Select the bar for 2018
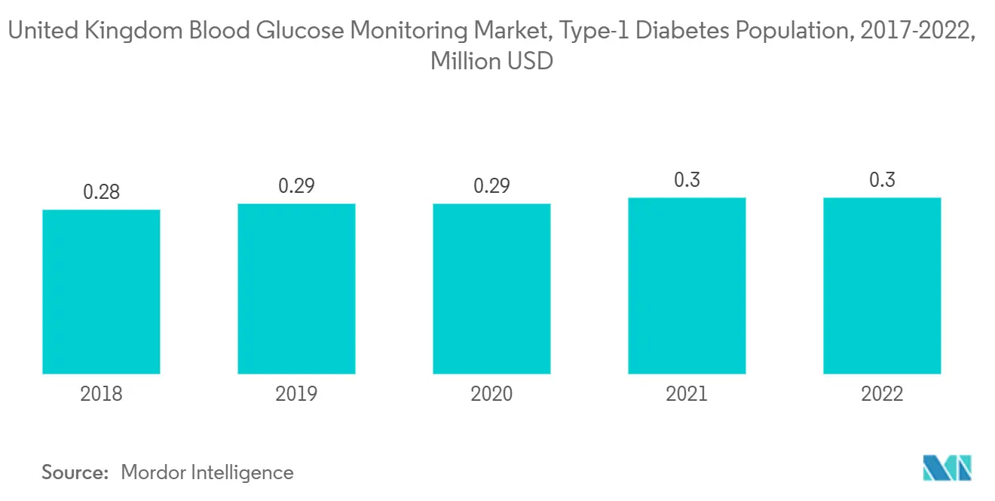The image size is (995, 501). [101, 292]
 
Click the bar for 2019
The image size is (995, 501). [296, 289]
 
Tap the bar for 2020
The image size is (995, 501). [491, 289]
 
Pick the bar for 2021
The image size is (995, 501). [687, 286]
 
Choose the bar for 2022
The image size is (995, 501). [882, 286]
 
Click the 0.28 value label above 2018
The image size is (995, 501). [101, 192]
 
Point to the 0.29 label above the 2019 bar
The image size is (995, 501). [296, 185]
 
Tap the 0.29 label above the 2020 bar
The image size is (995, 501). [491, 185]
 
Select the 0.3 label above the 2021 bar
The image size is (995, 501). [687, 180]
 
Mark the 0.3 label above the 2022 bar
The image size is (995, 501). [882, 180]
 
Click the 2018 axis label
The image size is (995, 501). [101, 394]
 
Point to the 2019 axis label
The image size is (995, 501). [296, 394]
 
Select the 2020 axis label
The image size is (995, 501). [491, 394]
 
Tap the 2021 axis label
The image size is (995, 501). [687, 394]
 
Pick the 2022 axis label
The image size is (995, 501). [882, 394]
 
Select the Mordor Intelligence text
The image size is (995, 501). [207, 473]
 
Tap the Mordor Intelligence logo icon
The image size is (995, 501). [947, 468]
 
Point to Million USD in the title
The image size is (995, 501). [491, 61]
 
